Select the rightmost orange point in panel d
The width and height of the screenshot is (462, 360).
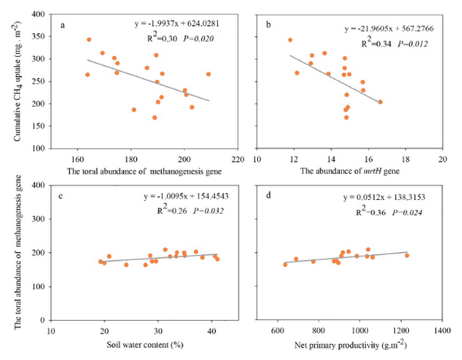[x=407, y=255]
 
